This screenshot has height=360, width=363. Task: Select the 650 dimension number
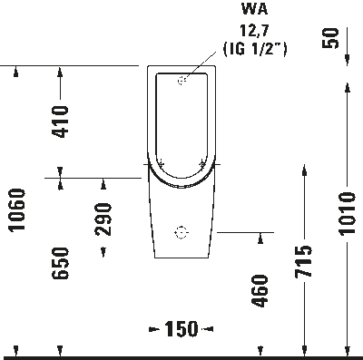click(60, 263)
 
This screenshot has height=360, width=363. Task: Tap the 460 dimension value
click(260, 294)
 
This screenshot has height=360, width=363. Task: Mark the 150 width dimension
click(181, 328)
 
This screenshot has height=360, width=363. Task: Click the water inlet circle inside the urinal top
click(181, 81)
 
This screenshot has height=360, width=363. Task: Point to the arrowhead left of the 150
click(153, 328)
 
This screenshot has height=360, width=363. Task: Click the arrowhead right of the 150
click(210, 328)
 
